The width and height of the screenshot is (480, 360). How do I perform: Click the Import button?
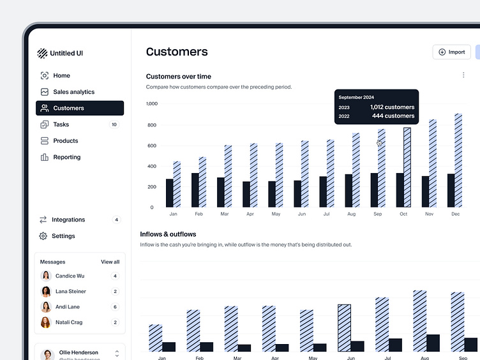pos(451,52)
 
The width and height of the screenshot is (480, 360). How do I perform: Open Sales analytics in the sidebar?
pos(73,92)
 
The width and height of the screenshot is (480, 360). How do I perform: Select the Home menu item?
pos(61,75)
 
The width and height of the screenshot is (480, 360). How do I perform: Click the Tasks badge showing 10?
pos(114,124)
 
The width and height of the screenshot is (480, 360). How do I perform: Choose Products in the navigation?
pos(65,141)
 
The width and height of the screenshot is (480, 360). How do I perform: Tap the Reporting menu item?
pos(66,157)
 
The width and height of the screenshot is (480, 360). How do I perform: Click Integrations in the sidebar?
pos(68,220)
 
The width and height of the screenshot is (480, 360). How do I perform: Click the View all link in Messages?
pos(110,262)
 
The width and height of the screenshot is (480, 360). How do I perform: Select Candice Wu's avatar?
pos(46,276)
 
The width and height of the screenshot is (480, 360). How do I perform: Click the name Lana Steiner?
pos(70,292)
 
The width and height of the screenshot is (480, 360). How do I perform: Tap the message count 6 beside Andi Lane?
pos(115,307)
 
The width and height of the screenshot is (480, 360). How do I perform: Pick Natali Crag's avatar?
pos(46,322)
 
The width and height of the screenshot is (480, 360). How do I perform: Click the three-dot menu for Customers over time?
pos(463,75)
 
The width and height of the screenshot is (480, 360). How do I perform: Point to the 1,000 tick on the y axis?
pos(151,103)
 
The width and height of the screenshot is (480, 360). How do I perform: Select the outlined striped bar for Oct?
pos(407,167)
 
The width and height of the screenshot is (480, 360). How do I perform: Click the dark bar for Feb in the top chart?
pos(195,190)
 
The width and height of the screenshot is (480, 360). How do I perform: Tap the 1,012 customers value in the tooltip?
pos(392,107)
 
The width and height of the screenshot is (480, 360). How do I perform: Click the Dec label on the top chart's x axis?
pos(455,214)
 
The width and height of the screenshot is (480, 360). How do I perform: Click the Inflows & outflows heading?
pos(168,234)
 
